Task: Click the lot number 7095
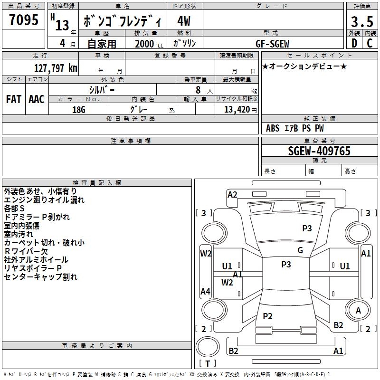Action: (24, 19)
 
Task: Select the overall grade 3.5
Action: (362, 21)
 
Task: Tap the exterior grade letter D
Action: (354, 43)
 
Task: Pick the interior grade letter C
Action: (370, 43)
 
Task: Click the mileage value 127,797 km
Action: (56, 68)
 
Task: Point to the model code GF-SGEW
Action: (272, 44)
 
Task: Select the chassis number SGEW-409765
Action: (319, 151)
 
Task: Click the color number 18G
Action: (79, 110)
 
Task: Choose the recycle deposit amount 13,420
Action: (237, 110)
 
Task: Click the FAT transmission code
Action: (14, 99)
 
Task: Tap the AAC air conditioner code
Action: (37, 99)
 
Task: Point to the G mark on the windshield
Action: (300, 250)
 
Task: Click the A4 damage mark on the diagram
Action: (205, 291)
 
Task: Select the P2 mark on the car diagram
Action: (267, 316)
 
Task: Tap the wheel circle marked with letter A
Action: (358, 310)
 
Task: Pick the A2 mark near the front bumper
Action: (232, 195)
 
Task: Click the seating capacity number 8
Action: (198, 90)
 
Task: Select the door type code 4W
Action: (184, 21)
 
